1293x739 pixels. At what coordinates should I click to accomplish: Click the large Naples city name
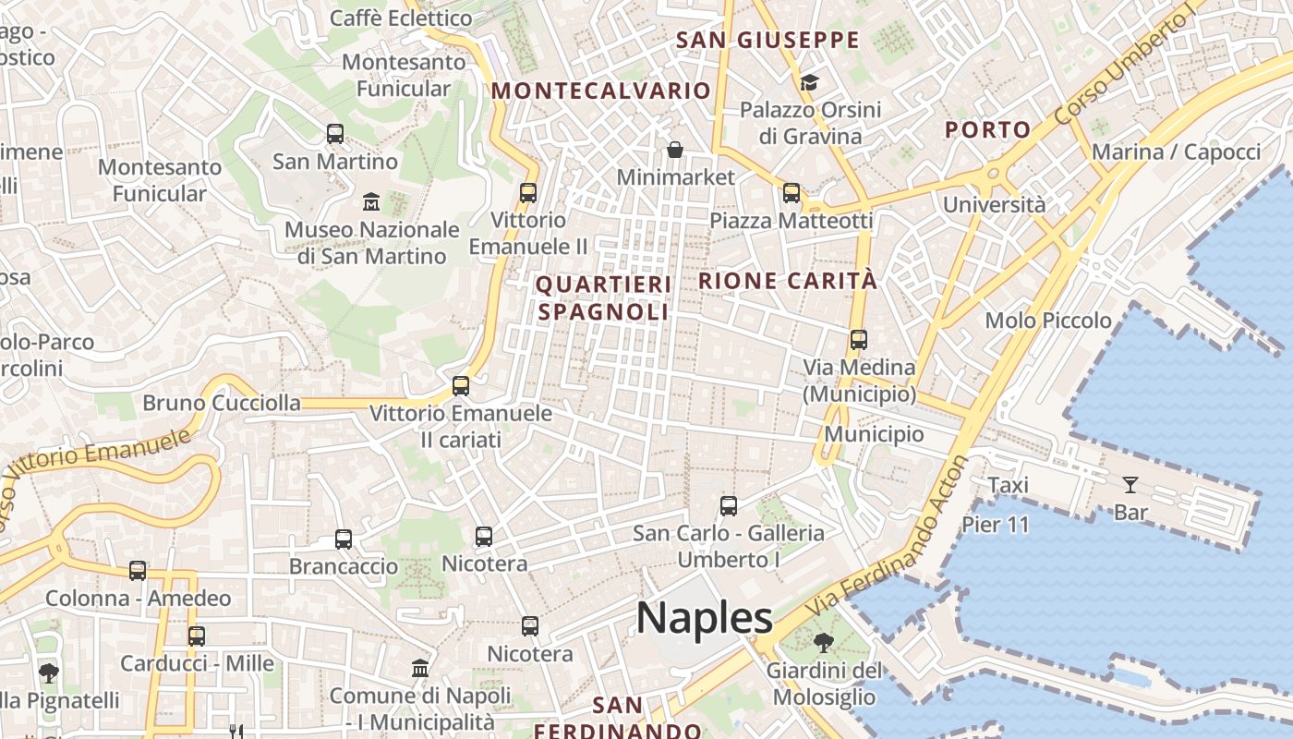(x=704, y=617)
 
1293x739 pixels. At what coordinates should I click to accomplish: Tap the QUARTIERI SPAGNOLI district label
(x=603, y=297)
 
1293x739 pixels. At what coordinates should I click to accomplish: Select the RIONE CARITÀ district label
(x=788, y=281)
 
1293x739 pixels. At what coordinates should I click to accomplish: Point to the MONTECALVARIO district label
(x=601, y=91)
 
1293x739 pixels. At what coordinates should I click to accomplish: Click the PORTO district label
(x=987, y=130)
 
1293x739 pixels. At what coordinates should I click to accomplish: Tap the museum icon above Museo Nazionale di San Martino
(x=371, y=201)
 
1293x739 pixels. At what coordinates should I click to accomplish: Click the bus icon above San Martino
(x=335, y=134)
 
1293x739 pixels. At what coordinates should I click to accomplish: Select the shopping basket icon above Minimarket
(x=675, y=150)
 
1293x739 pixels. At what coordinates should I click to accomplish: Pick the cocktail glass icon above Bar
(x=1130, y=484)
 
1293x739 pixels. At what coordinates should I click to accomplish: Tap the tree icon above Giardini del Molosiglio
(x=824, y=643)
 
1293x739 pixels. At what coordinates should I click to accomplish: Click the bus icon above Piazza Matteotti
(x=792, y=193)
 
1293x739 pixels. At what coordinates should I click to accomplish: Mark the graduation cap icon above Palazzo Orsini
(x=810, y=82)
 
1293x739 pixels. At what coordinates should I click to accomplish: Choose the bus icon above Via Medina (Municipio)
(x=859, y=339)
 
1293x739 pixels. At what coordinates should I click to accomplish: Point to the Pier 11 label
(x=995, y=525)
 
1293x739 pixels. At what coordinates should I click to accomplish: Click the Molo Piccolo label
(x=1048, y=321)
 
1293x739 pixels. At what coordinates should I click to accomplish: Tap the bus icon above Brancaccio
(x=344, y=539)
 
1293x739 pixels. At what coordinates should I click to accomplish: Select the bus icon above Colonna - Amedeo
(x=138, y=571)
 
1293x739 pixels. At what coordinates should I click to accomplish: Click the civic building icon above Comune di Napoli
(x=420, y=667)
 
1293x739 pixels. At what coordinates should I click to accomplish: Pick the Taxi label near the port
(x=1008, y=485)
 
